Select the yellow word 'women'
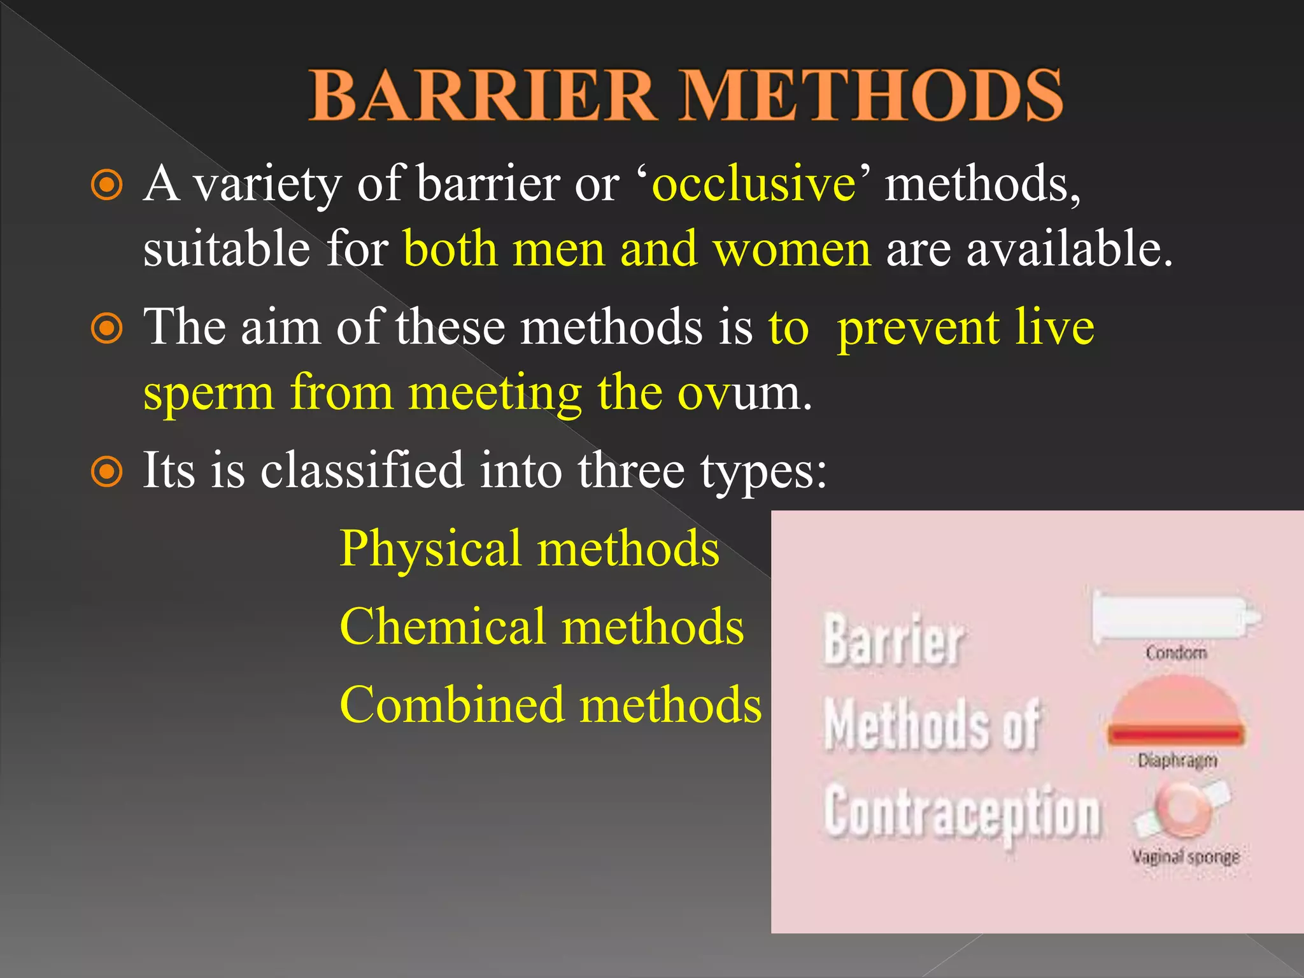point(791,249)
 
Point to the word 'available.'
point(1070,249)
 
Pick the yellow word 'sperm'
point(209,394)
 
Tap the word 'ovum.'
point(744,394)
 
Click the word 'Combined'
point(452,705)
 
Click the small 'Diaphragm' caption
point(1177,760)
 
